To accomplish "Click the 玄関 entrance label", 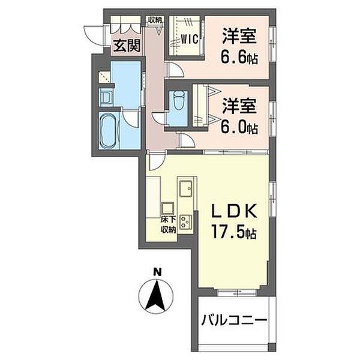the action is pyautogui.click(x=127, y=46).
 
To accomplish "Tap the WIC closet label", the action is pyautogui.click(x=189, y=39).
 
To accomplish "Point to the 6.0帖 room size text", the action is pyautogui.click(x=239, y=127).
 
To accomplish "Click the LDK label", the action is pyautogui.click(x=233, y=211).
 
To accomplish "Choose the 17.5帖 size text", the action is pyautogui.click(x=233, y=232).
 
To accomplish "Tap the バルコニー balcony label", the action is pyautogui.click(x=234, y=321).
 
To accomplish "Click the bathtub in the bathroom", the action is pyautogui.click(x=108, y=131).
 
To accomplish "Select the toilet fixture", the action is pyautogui.click(x=179, y=101).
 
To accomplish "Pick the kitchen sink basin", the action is pyautogui.click(x=186, y=188).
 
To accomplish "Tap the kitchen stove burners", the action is pyautogui.click(x=186, y=222).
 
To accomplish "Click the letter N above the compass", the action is pyautogui.click(x=157, y=272).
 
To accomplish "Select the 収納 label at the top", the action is pyautogui.click(x=155, y=20).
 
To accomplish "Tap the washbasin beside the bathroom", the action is pyautogui.click(x=106, y=97).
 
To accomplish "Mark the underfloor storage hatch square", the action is pyautogui.click(x=167, y=208).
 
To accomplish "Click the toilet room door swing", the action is pyautogui.click(x=158, y=119).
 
